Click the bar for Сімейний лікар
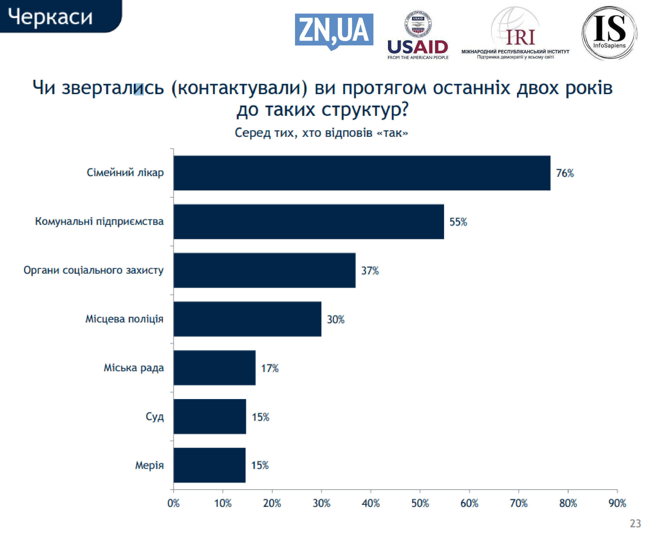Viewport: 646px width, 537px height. (362, 173)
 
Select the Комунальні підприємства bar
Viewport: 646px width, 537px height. (309, 222)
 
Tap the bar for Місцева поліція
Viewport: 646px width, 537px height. (247, 319)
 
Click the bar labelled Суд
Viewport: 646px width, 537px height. (210, 417)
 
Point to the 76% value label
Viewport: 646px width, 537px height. (565, 173)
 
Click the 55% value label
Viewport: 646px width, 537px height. (458, 222)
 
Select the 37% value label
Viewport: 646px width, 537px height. (370, 271)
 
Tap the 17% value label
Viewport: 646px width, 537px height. (270, 368)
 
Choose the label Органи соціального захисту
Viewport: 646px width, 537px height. (94, 270)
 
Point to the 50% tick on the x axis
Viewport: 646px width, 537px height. (420, 503)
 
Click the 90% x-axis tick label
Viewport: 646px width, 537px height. (617, 503)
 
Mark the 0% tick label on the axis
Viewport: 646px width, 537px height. (174, 503)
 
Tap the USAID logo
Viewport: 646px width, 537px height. (418, 35)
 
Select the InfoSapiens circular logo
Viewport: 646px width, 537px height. (609, 33)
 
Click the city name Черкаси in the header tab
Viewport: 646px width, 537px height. (50, 17)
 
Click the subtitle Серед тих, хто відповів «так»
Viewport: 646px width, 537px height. (321, 133)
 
